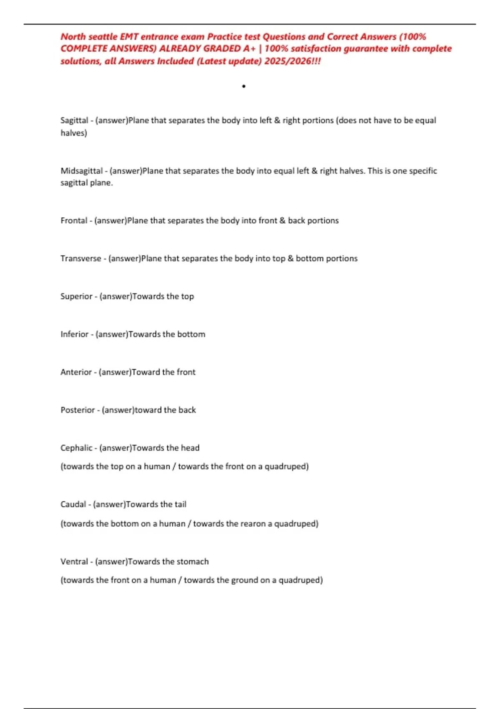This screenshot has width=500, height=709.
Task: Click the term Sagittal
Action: click(x=74, y=121)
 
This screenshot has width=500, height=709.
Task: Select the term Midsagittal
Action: click(x=81, y=171)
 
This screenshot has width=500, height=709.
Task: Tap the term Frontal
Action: click(x=74, y=221)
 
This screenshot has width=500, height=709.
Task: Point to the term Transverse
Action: click(x=80, y=259)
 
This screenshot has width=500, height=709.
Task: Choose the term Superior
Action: click(x=76, y=297)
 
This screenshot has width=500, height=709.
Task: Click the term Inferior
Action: click(x=74, y=334)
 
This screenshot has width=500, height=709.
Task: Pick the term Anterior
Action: click(x=76, y=372)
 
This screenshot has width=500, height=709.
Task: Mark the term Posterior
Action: click(x=77, y=410)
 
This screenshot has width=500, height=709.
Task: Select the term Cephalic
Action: click(x=76, y=448)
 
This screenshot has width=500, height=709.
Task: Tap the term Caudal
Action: click(x=73, y=504)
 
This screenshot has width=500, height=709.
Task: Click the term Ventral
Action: click(x=74, y=562)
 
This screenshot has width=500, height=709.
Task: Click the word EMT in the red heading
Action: click(x=129, y=37)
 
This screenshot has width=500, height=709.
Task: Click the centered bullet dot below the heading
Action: click(x=244, y=86)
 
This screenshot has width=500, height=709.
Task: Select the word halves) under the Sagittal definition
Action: click(x=74, y=133)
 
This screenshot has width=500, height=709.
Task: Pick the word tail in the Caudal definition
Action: click(x=180, y=504)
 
